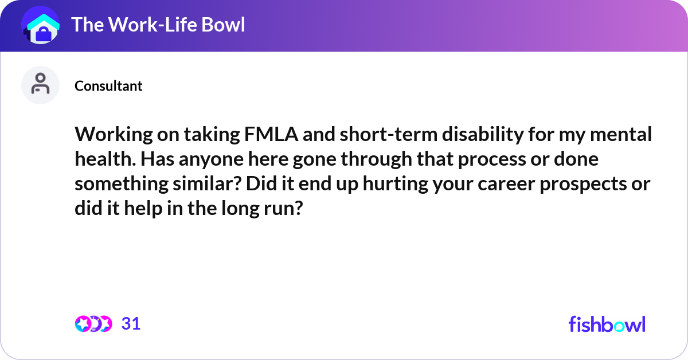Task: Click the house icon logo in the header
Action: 40,25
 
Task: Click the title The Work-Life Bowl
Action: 158,25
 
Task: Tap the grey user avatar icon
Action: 40,85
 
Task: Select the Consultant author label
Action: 108,86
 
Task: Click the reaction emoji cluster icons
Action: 93,324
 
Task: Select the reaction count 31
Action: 131,324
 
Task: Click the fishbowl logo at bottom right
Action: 607,324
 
